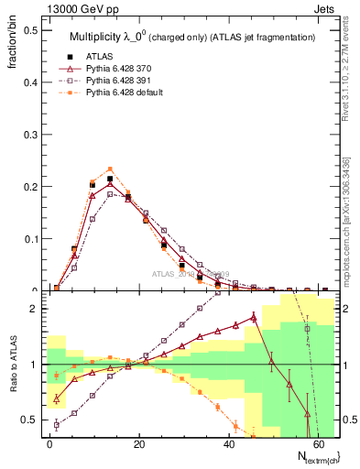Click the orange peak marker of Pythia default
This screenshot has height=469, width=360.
110,169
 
